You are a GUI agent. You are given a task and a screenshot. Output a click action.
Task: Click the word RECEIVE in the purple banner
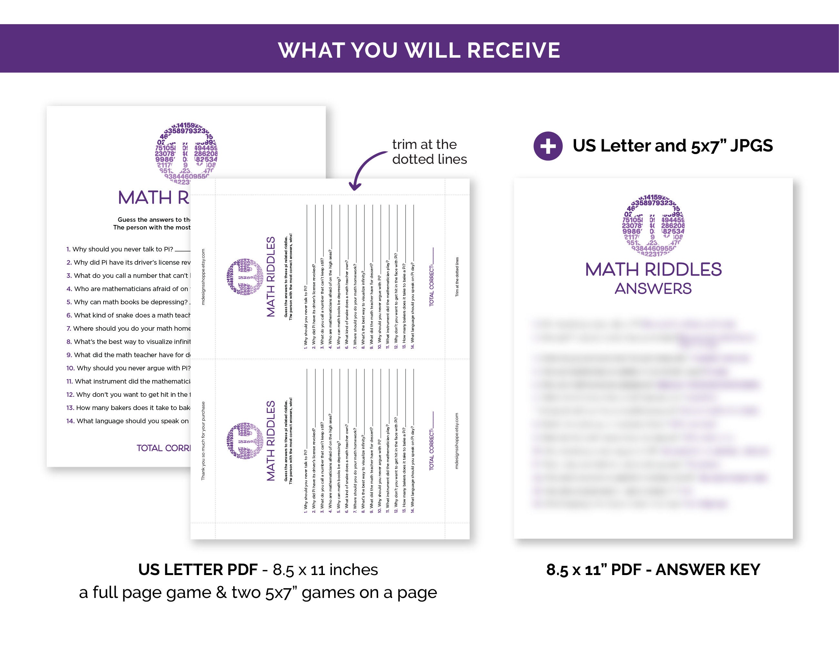(x=513, y=50)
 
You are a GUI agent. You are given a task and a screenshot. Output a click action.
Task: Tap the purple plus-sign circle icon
(x=548, y=146)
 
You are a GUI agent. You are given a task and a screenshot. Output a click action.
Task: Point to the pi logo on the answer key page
(x=653, y=226)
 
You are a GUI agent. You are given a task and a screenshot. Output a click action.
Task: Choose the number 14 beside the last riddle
(x=70, y=421)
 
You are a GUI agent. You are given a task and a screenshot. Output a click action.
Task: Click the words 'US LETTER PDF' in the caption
(x=197, y=570)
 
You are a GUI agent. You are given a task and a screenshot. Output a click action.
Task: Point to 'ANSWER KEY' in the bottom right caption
(x=708, y=570)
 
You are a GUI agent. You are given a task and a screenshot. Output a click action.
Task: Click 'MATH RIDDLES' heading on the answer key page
(x=653, y=269)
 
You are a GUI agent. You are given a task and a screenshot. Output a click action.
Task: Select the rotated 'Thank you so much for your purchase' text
(x=203, y=441)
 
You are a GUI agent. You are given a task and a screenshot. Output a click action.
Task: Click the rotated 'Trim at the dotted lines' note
(x=457, y=277)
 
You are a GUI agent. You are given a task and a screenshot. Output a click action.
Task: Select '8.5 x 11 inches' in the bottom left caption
(x=325, y=570)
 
